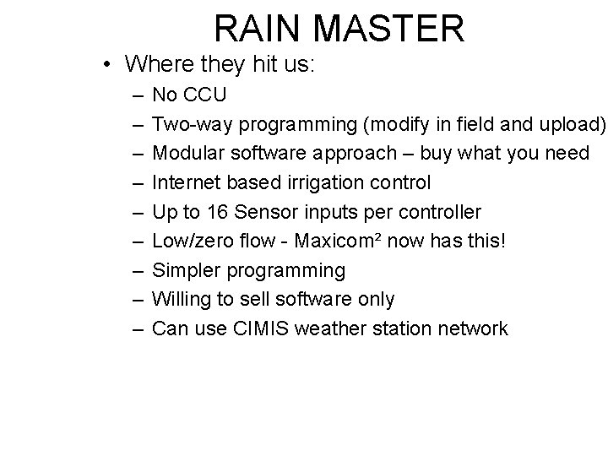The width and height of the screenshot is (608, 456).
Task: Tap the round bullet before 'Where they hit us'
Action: point(106,64)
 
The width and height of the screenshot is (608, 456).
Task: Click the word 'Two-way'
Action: point(192,125)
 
